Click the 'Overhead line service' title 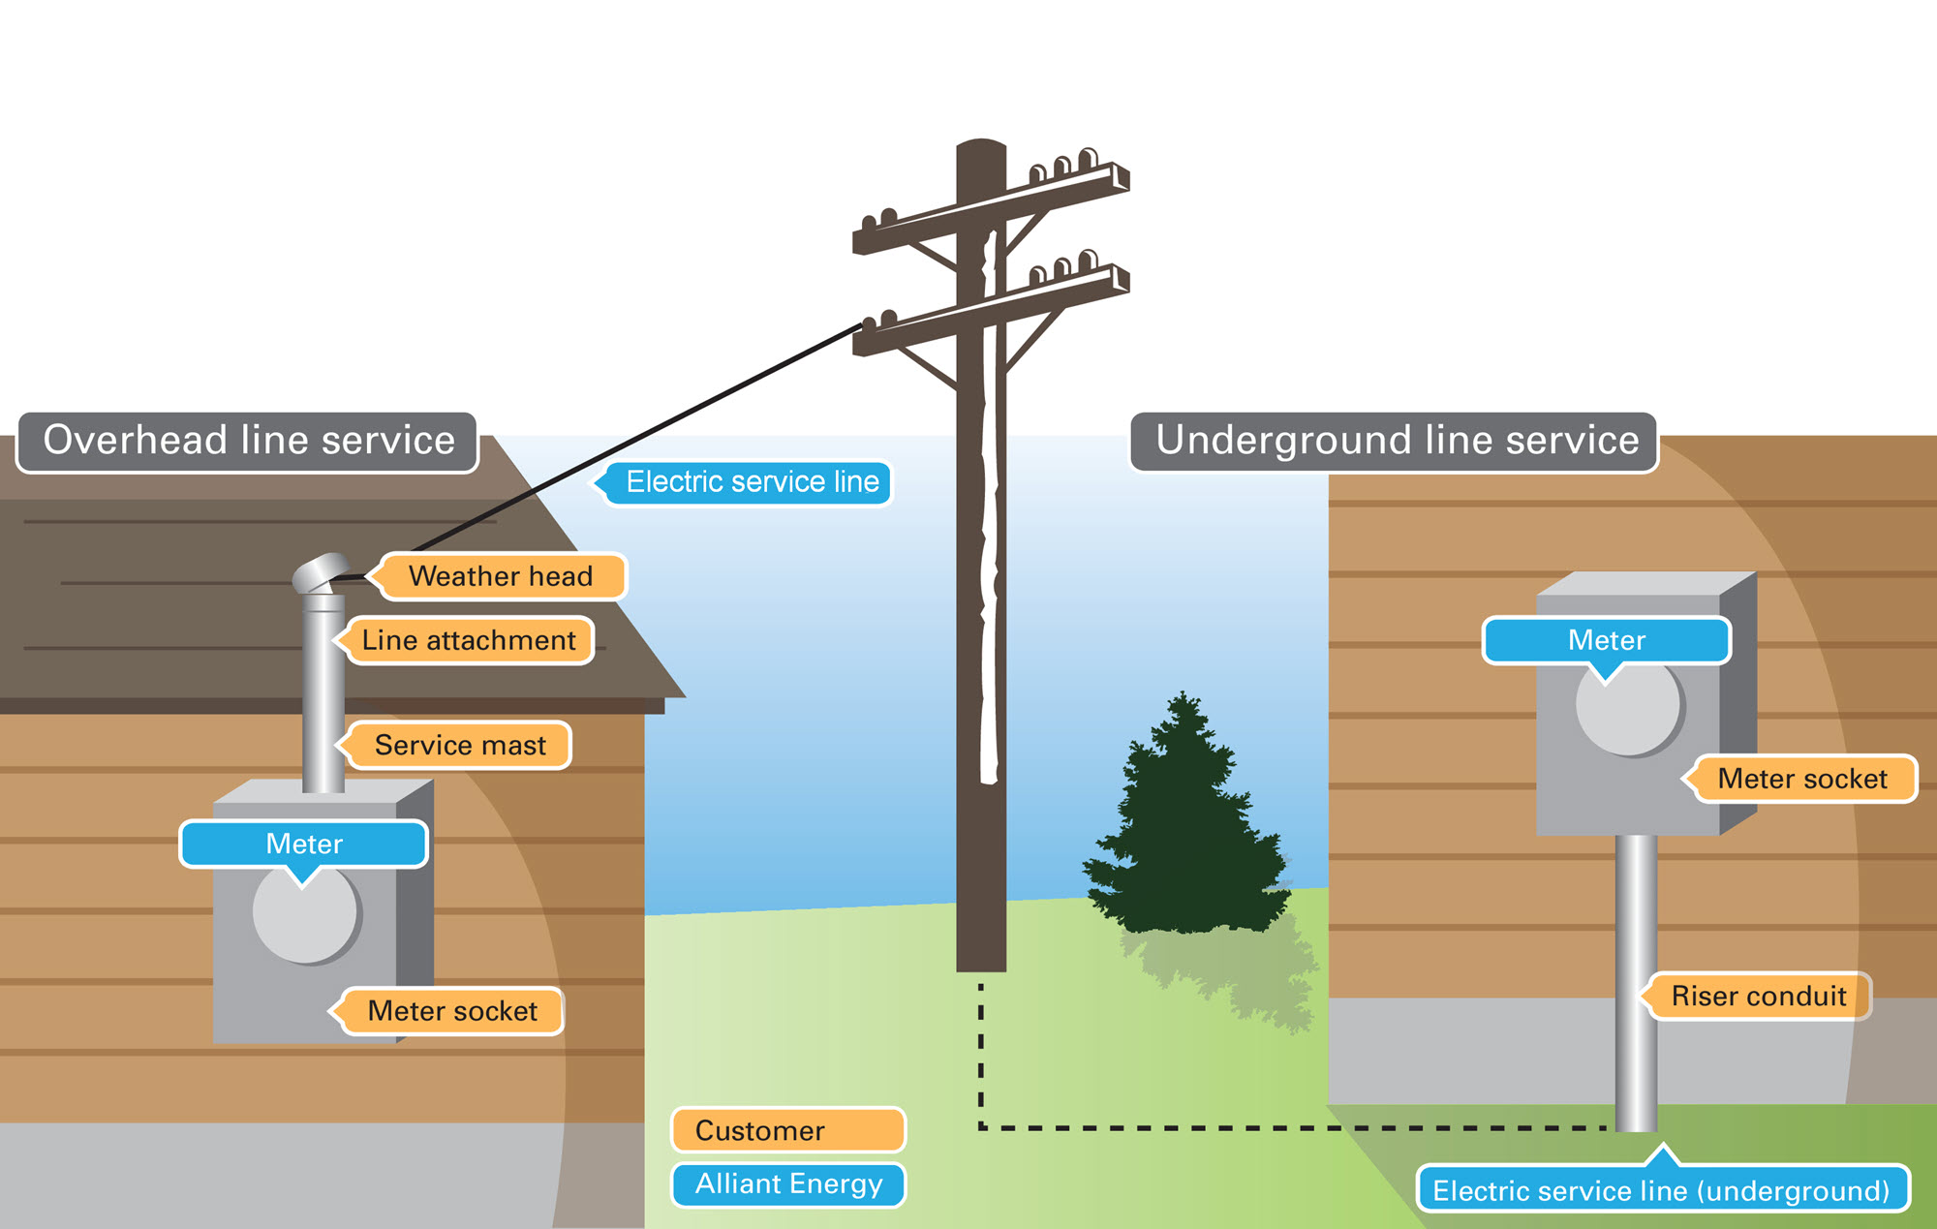click(248, 442)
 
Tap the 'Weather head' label click(501, 576)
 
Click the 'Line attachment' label click(469, 640)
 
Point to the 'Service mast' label click(460, 745)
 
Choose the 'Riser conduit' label click(1758, 996)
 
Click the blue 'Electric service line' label click(752, 482)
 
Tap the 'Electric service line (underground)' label click(1661, 1190)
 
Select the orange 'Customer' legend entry click(788, 1130)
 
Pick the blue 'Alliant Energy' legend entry click(788, 1184)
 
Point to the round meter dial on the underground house click(1630, 712)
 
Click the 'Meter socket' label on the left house click(452, 1011)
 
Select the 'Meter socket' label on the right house click(1802, 779)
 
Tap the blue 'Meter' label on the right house click(1607, 640)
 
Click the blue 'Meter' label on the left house click(304, 844)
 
